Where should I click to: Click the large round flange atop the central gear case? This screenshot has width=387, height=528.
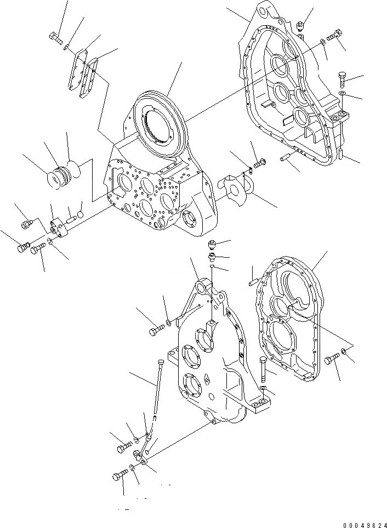(159, 121)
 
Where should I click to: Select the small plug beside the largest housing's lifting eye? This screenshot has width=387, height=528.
(300, 25)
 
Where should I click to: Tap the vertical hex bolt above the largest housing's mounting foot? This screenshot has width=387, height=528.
(343, 80)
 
